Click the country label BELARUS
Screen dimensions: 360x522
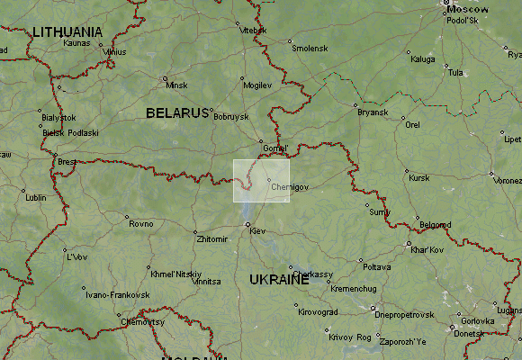[176, 113]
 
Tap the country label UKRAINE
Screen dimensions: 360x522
[279, 280]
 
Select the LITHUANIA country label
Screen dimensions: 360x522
[67, 31]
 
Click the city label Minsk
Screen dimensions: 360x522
[176, 85]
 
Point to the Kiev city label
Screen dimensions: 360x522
[257, 232]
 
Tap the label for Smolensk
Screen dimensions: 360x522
[309, 49]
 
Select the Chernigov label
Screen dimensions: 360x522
[289, 187]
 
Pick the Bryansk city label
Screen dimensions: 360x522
[372, 112]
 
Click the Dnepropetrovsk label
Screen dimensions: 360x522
[404, 315]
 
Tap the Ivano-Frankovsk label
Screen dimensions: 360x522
[116, 294]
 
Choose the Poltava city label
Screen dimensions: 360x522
[376, 267]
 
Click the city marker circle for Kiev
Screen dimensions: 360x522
[247, 224]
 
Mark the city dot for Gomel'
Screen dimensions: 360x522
[262, 141]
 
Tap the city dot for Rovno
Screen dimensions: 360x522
[127, 217]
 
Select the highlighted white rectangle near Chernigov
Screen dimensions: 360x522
[261, 180]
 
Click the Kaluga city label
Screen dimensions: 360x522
[422, 59]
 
